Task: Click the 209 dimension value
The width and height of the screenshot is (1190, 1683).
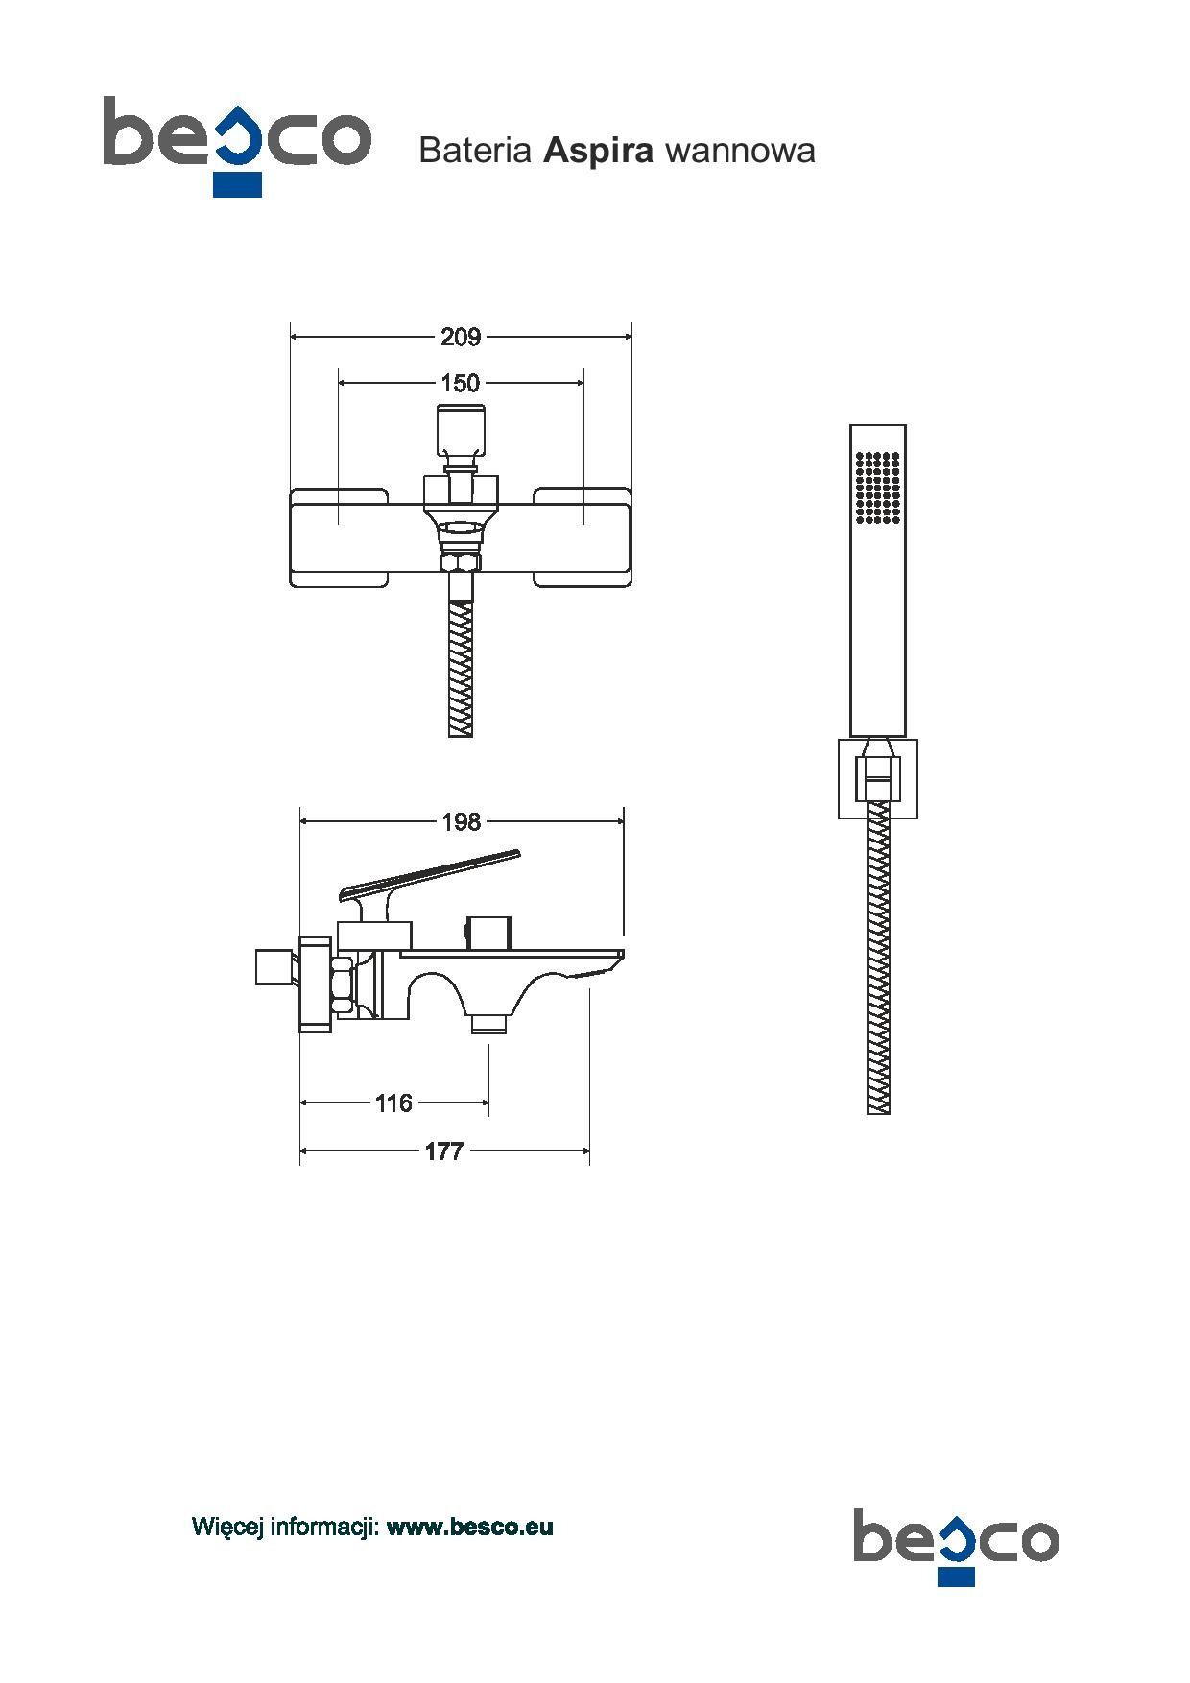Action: click(x=461, y=337)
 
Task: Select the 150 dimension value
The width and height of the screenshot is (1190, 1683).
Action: click(x=461, y=383)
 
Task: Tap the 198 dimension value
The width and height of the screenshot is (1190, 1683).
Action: click(x=461, y=821)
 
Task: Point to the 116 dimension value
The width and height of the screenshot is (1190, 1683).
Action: click(x=393, y=1103)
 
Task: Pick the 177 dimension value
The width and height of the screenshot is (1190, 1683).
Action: click(x=444, y=1151)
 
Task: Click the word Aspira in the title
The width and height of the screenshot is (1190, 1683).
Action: click(x=599, y=152)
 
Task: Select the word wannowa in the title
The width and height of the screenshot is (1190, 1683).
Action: click(x=739, y=152)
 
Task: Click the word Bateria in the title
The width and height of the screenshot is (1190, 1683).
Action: click(x=476, y=152)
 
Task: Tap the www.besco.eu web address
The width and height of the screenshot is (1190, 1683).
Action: click(x=470, y=1527)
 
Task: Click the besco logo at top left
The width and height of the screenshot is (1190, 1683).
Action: click(x=237, y=144)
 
